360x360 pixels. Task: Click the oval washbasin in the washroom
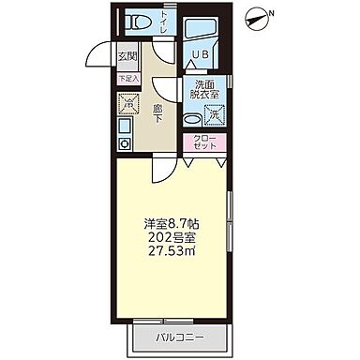click(x=190, y=119)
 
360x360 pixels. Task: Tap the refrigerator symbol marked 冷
click(x=128, y=107)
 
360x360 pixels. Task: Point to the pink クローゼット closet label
click(x=204, y=142)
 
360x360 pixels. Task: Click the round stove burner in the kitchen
click(x=123, y=143)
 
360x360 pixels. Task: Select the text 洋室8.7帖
click(x=172, y=224)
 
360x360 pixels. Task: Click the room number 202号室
click(x=172, y=239)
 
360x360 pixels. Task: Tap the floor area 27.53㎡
click(x=172, y=254)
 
